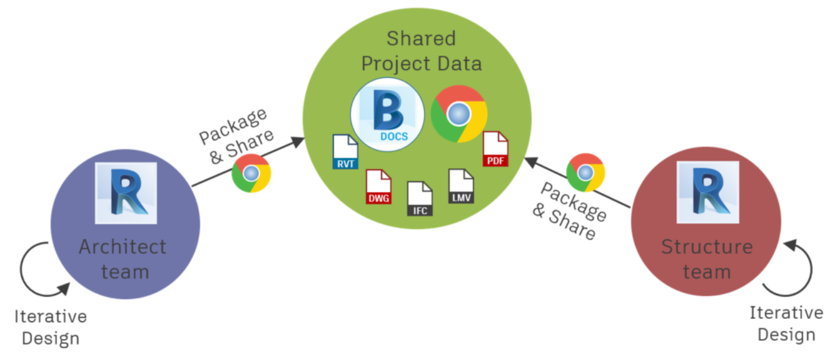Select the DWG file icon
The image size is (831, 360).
379,187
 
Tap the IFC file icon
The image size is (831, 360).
420,199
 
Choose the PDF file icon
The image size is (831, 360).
495,149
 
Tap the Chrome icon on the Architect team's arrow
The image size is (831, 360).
251,173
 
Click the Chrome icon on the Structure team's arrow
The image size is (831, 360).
586,173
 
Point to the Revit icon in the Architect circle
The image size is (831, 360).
126,193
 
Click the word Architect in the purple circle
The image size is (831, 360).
123,246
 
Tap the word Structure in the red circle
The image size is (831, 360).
707,246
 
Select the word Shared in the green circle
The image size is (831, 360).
421,39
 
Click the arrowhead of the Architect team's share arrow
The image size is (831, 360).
297,140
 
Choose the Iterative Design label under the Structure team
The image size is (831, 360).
786,324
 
